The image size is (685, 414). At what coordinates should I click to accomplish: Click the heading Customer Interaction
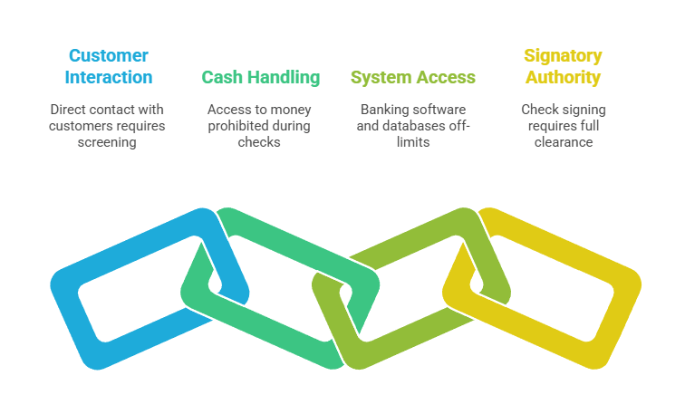[108, 66]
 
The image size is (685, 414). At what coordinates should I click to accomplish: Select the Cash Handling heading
[261, 78]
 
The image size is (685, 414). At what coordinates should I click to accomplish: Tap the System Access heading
[413, 78]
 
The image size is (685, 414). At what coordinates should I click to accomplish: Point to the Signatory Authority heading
[563, 66]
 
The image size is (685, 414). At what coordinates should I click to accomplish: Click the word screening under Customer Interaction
[107, 143]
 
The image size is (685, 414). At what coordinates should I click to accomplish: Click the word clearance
[564, 143]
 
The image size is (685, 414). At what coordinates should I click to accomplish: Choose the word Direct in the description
[69, 110]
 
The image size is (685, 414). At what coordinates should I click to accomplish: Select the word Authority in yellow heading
[563, 78]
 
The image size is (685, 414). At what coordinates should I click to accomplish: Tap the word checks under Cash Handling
[261, 143]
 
